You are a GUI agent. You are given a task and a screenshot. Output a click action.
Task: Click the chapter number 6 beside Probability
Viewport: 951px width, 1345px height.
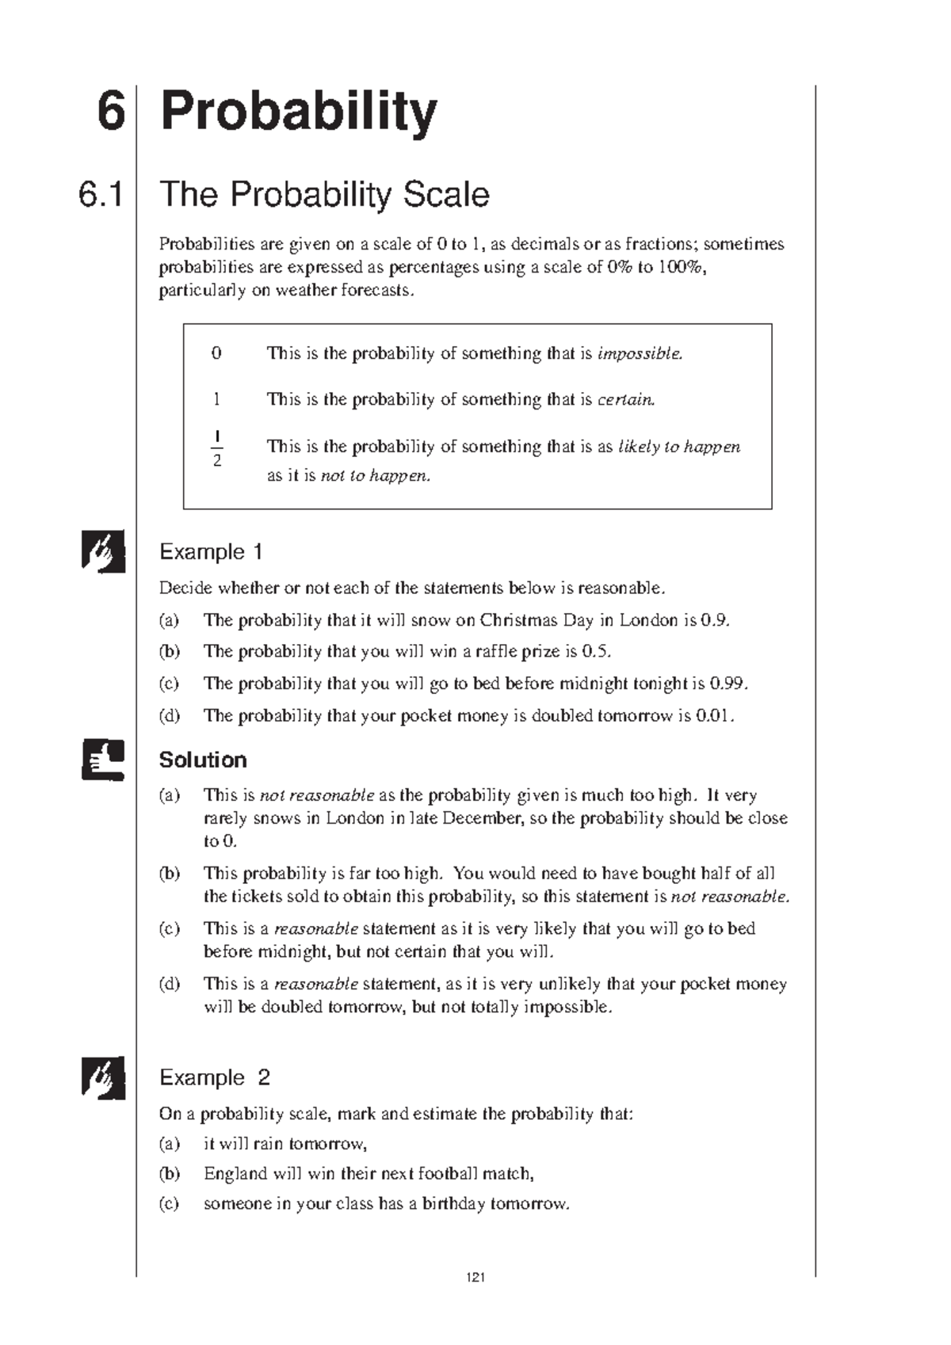tap(110, 112)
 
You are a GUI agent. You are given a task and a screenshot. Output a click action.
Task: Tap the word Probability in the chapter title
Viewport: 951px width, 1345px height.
tap(298, 113)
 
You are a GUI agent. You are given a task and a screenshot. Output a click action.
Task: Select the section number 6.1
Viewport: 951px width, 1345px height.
tap(101, 195)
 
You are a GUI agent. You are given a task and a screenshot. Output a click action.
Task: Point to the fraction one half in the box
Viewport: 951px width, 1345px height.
tap(217, 448)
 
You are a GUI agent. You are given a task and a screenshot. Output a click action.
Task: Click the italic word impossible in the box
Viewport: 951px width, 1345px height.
tap(640, 353)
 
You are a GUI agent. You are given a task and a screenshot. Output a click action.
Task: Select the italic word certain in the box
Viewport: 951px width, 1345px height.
tap(626, 399)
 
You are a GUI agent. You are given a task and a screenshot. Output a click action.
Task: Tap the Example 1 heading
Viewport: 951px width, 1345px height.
tap(211, 551)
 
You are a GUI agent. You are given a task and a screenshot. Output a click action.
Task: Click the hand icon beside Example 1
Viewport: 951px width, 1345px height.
tap(103, 551)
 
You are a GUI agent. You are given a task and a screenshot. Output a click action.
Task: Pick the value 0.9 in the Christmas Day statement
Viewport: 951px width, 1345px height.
tap(715, 620)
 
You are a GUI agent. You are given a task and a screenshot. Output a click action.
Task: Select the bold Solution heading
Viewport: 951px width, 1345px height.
tap(203, 760)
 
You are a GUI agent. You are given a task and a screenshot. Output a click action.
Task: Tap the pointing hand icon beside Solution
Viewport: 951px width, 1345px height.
tap(103, 760)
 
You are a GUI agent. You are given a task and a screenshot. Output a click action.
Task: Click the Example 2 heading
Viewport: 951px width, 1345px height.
tap(215, 1077)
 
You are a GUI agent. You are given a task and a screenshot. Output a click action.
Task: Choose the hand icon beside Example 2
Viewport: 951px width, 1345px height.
tap(103, 1077)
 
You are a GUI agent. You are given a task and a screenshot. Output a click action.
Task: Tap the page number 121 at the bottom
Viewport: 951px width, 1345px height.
tap(475, 1277)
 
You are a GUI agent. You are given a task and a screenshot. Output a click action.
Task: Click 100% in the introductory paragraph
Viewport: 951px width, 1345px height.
tap(681, 267)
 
